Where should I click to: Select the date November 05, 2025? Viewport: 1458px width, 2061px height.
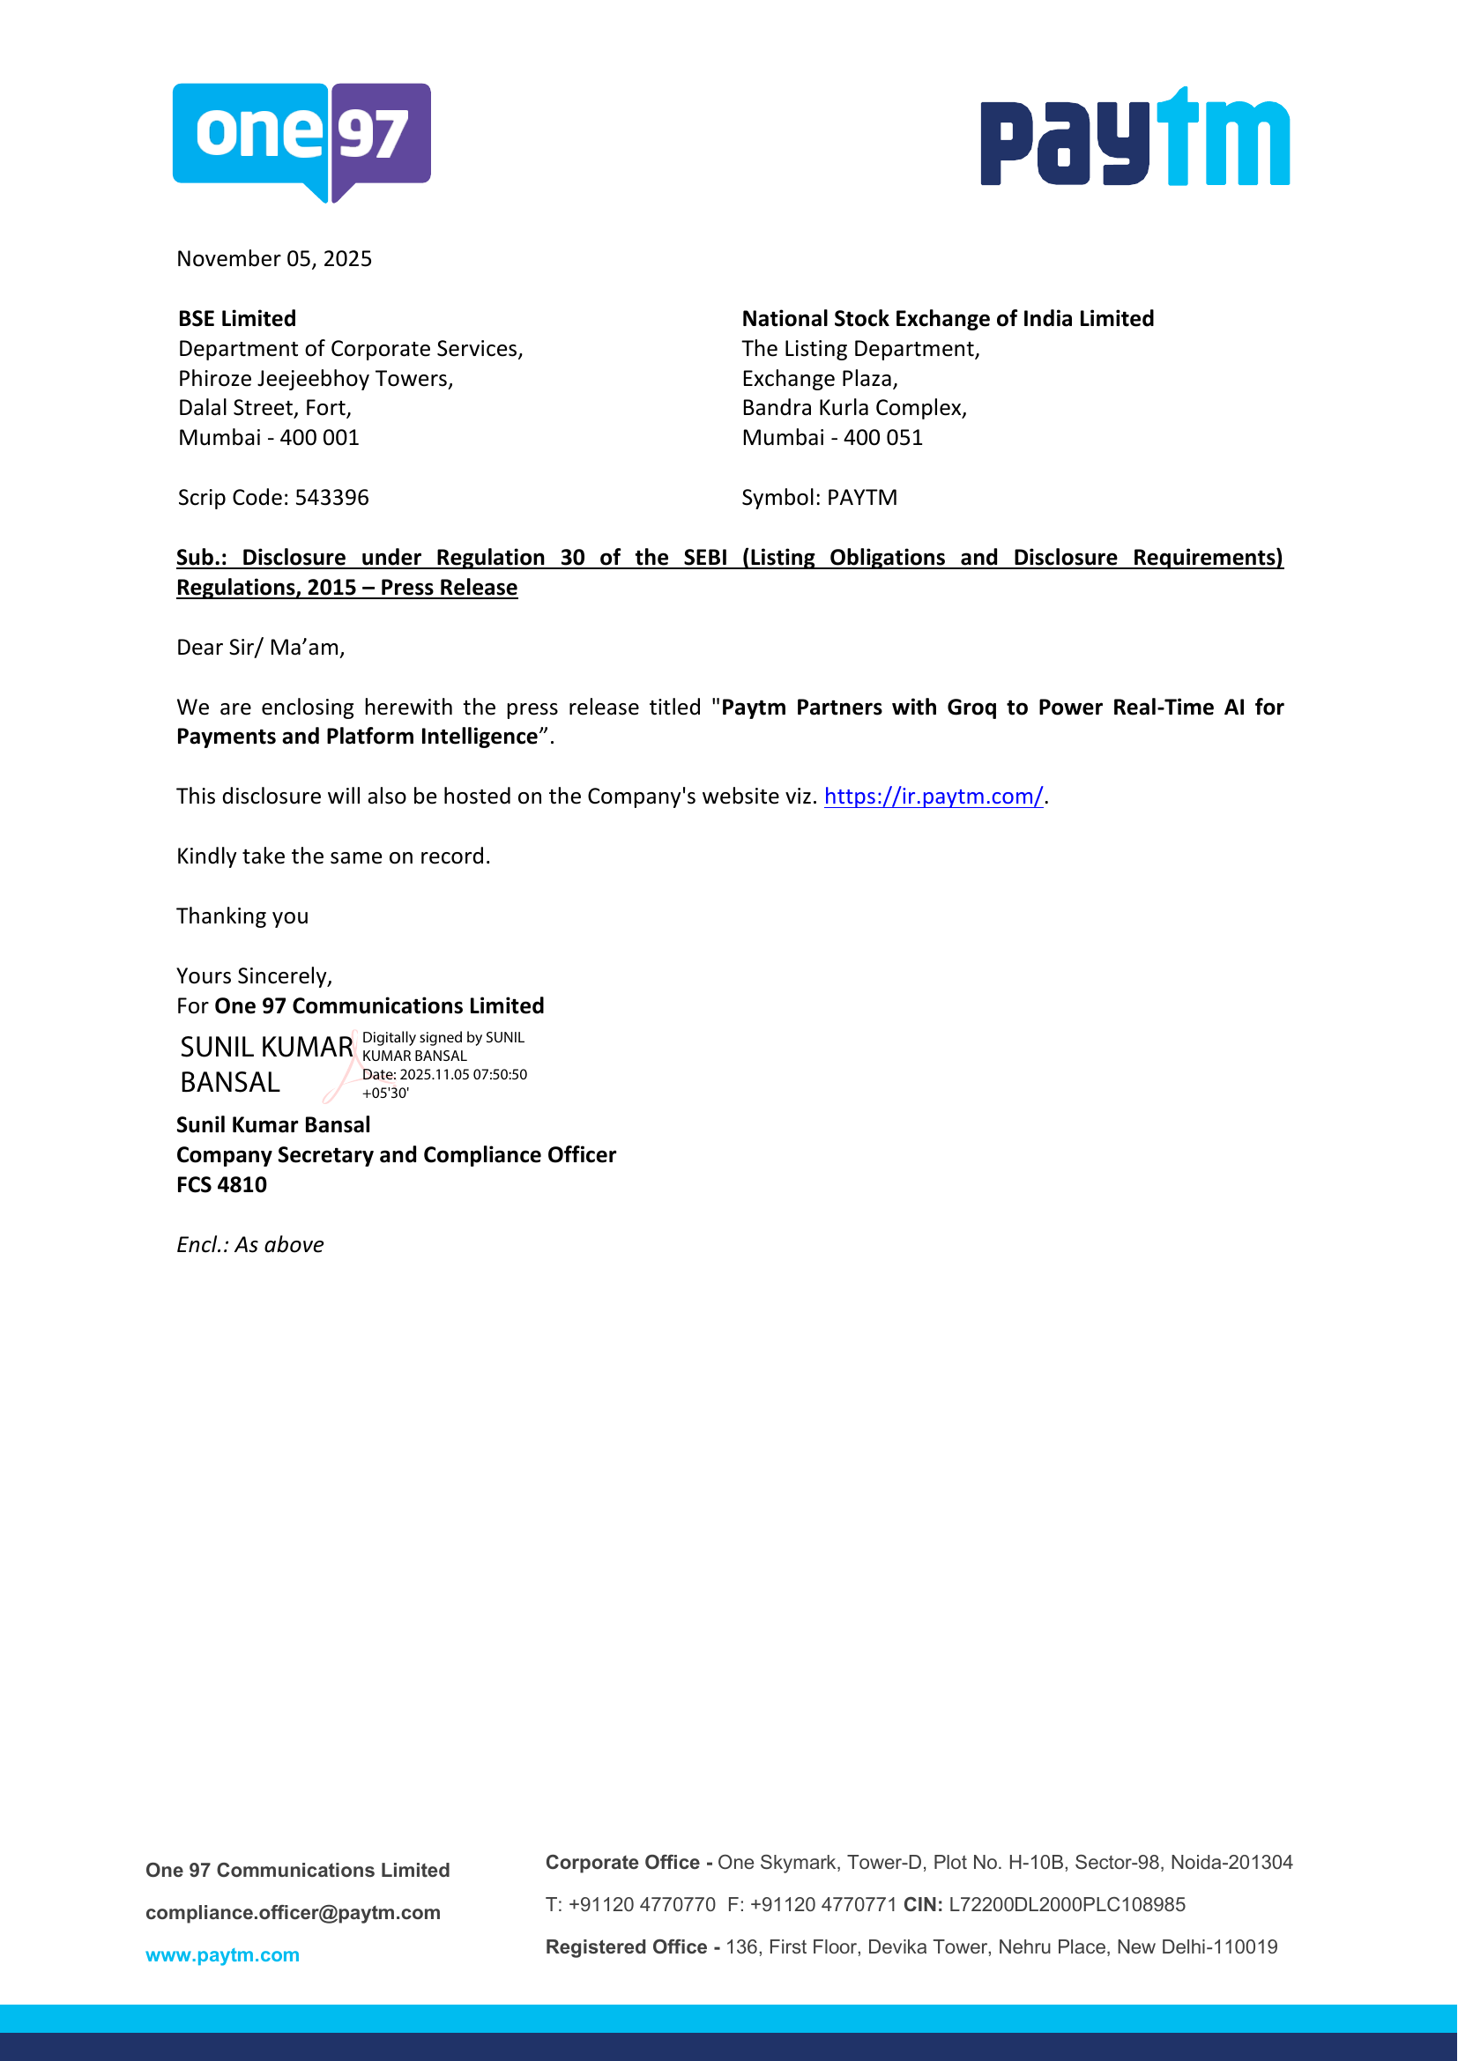point(274,258)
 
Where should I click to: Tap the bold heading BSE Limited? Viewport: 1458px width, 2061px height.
point(237,319)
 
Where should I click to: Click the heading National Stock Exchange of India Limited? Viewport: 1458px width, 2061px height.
point(947,319)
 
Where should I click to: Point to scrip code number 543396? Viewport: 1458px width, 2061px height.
point(331,497)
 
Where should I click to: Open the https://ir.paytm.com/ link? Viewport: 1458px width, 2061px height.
point(933,797)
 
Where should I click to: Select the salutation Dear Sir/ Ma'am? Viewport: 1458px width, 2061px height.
point(260,648)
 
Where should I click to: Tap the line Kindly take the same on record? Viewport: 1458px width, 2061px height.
point(333,856)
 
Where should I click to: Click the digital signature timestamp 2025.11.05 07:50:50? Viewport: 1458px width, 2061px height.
point(464,1074)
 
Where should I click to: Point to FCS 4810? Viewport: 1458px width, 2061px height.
point(221,1185)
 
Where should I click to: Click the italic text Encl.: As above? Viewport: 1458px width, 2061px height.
point(249,1245)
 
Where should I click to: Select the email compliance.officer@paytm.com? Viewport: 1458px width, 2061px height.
point(293,1912)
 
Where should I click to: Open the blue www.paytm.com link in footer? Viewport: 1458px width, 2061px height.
point(222,1954)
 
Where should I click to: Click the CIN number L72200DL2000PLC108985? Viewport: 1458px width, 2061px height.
point(1067,1904)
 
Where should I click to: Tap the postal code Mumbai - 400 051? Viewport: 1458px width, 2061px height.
point(831,438)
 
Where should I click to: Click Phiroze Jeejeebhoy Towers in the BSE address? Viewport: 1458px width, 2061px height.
point(315,379)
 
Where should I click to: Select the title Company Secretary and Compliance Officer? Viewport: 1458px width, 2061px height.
point(396,1155)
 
